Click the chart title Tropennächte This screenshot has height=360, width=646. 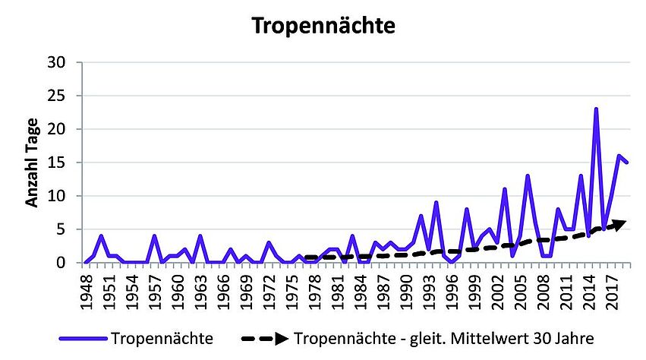click(x=323, y=27)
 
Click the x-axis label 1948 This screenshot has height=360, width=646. click(x=86, y=287)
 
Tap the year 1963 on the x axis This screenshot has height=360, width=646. click(x=200, y=287)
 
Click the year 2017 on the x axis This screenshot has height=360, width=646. click(x=612, y=287)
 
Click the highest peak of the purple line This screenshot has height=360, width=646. click(x=596, y=109)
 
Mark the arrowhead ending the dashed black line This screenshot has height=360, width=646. click(x=620, y=223)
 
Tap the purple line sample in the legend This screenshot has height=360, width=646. click(x=83, y=337)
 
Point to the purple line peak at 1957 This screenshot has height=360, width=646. click(x=154, y=236)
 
